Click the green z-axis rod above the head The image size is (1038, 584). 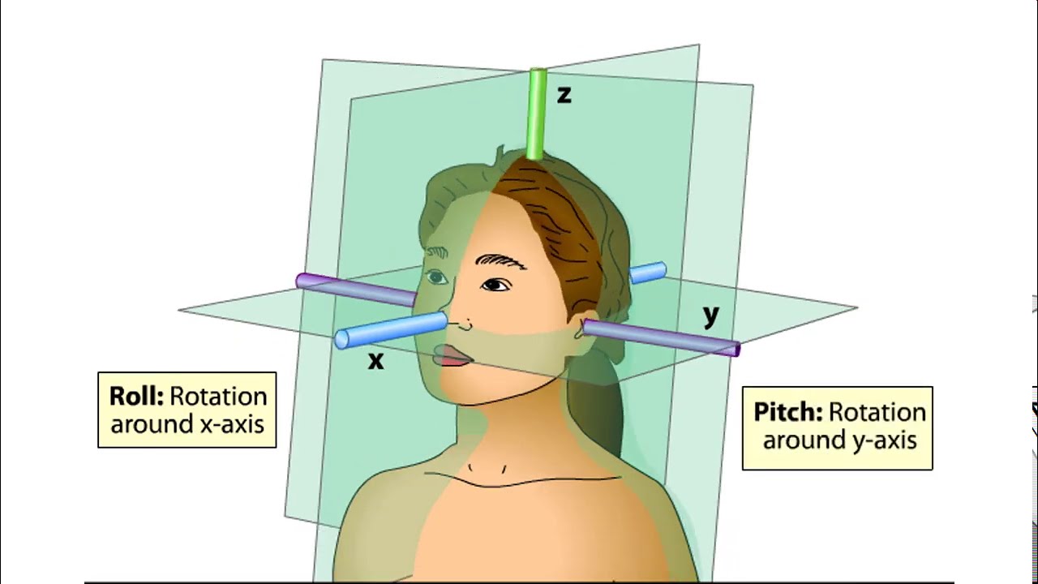pyautogui.click(x=537, y=114)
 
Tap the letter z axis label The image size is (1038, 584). pyautogui.click(x=564, y=95)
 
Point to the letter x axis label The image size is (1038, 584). pyautogui.click(x=375, y=362)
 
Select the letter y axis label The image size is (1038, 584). pyautogui.click(x=711, y=315)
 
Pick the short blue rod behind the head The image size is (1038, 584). pyautogui.click(x=648, y=273)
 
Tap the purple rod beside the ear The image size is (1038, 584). pyautogui.click(x=660, y=337)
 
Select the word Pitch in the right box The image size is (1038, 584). pyautogui.click(x=786, y=411)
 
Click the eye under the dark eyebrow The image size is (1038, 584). pyautogui.click(x=495, y=285)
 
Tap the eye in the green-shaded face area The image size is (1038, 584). pyautogui.click(x=437, y=278)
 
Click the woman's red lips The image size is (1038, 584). pyautogui.click(x=454, y=355)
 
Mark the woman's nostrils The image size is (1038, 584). pyautogui.click(x=463, y=326)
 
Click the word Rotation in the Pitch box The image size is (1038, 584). pyautogui.click(x=878, y=411)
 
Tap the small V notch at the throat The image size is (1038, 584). pyautogui.click(x=489, y=470)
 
